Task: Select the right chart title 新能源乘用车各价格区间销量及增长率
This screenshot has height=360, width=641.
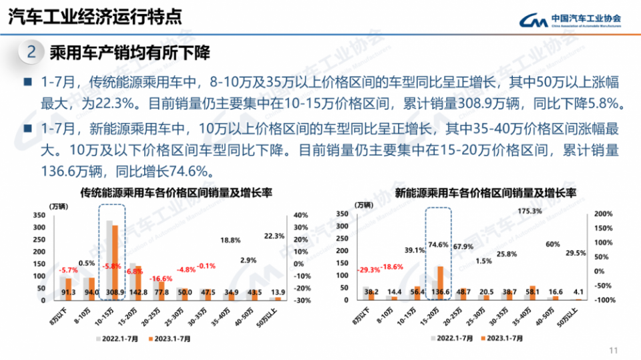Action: pos(485,193)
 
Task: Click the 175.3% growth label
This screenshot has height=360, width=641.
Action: pos(529,211)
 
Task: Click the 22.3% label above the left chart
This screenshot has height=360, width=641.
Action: pos(274,236)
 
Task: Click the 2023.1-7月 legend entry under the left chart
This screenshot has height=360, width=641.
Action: pos(170,339)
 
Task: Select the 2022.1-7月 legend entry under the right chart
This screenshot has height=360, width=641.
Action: pos(453,339)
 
